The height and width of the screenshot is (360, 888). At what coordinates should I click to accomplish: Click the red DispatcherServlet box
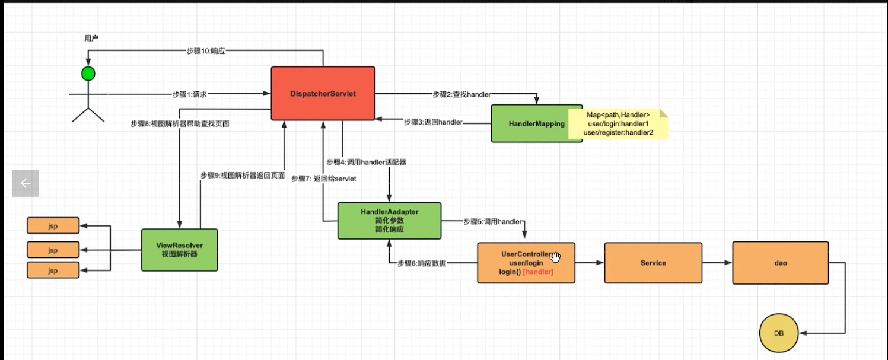point(323,94)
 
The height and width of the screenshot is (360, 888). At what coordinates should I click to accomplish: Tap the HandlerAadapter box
point(389,221)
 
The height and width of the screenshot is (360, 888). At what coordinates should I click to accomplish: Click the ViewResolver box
point(180,250)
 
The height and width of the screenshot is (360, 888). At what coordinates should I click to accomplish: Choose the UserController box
point(526,263)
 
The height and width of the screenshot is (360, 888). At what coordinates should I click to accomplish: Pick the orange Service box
point(653,263)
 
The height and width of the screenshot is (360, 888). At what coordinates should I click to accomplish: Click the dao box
point(781,263)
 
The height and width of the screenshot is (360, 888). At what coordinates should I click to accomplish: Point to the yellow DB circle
point(779,333)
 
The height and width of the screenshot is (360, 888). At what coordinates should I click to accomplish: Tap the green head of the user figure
point(88,74)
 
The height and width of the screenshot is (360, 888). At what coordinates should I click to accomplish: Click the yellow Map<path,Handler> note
point(618,124)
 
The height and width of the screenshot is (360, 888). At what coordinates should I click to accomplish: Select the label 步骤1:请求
point(189,94)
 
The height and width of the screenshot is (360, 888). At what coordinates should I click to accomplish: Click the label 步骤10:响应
point(206,51)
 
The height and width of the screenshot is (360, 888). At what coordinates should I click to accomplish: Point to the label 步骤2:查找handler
point(461,94)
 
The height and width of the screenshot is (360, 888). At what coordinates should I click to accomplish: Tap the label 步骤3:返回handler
point(433,122)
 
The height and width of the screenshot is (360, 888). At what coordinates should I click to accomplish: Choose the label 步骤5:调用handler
point(493,222)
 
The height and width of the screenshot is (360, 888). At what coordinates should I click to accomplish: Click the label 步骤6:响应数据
point(422,263)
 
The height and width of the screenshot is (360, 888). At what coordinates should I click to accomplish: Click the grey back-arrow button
point(26,183)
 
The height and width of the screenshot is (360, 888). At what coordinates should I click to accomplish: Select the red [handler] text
point(538,272)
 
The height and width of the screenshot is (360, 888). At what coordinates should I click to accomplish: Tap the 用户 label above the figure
point(91,38)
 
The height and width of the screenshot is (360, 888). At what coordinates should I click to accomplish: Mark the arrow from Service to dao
point(717,263)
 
